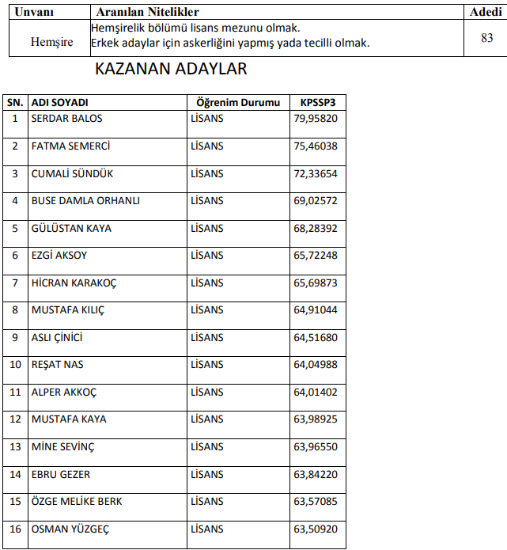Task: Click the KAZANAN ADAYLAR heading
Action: pos(170,69)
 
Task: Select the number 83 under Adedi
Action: pos(486,38)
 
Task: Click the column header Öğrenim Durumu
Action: pos(238,103)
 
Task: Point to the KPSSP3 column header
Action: pos(317,103)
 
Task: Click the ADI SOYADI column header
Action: pos(59,103)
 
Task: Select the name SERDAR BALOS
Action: pos(66,119)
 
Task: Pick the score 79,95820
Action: pos(316,119)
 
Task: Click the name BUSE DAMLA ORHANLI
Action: pos(85,201)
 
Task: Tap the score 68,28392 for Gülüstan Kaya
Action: pos(316,229)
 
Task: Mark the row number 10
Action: pos(15,365)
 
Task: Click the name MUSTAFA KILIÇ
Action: pos(68,310)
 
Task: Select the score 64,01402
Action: pos(316,393)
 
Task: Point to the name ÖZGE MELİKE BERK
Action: pos(77,502)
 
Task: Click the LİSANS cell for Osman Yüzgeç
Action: pos(207,529)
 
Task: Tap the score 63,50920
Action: pos(316,529)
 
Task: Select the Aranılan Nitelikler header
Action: pos(147,12)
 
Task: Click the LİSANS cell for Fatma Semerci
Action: pos(207,146)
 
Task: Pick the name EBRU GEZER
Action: pos(61,475)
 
